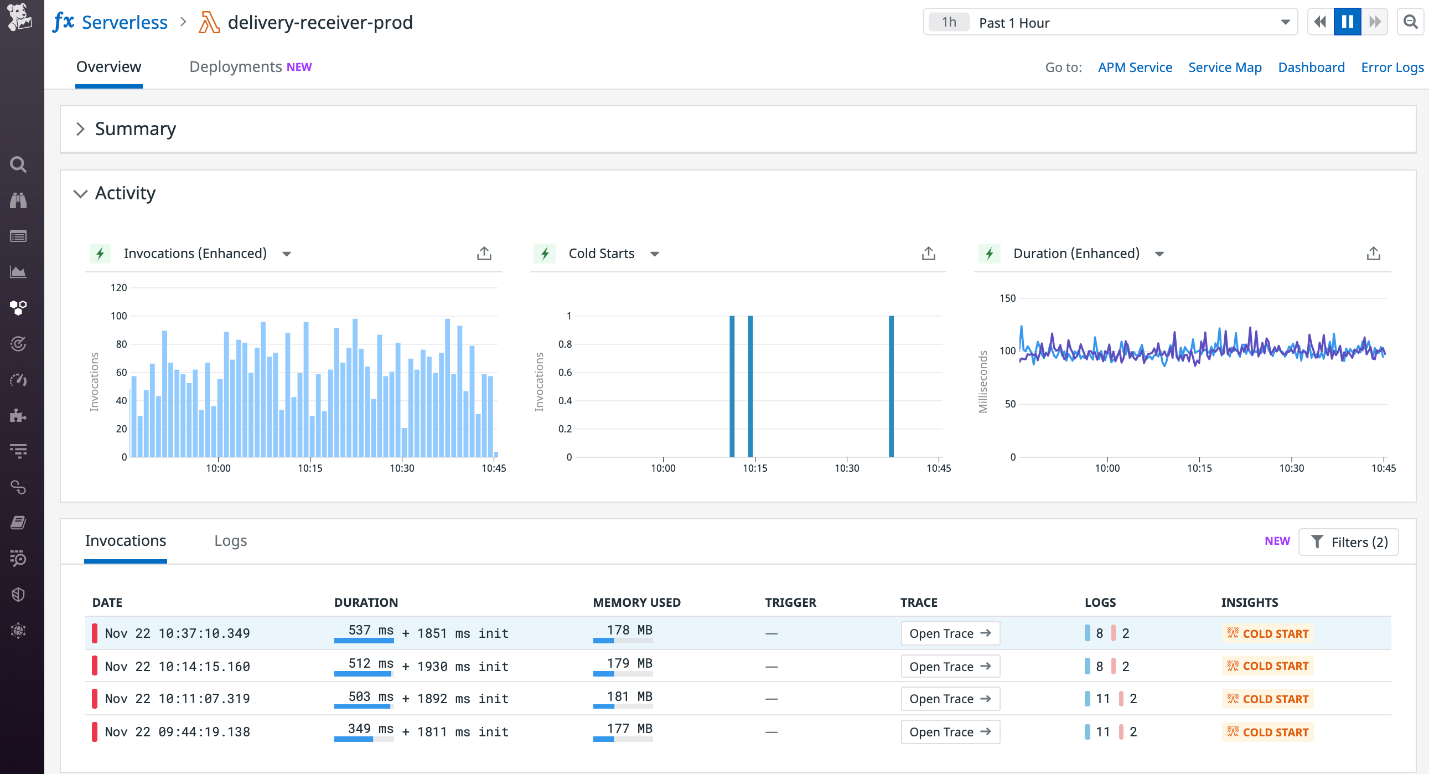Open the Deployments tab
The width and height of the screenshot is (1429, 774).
click(x=235, y=66)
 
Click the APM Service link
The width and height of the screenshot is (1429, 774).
click(x=1135, y=67)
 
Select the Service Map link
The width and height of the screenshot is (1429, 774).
click(x=1224, y=67)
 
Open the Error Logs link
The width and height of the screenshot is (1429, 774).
click(x=1392, y=67)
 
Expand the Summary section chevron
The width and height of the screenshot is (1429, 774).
click(x=80, y=128)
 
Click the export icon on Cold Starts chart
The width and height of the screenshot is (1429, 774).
click(x=928, y=254)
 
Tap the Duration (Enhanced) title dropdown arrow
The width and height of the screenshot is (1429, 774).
click(x=1159, y=254)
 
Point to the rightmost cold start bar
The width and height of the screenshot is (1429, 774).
click(x=891, y=385)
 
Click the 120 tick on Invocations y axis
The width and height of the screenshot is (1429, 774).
click(x=118, y=287)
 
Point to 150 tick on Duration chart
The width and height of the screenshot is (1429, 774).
click(x=1007, y=298)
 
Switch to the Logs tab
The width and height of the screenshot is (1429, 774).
click(x=230, y=540)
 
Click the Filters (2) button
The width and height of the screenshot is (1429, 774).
click(x=1348, y=542)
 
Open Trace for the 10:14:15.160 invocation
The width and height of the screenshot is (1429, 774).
click(x=950, y=666)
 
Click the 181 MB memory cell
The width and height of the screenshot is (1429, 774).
click(x=629, y=696)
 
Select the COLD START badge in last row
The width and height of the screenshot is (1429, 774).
click(x=1267, y=732)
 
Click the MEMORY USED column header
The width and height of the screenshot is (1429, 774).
click(x=636, y=602)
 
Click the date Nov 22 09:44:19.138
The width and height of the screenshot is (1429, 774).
click(x=177, y=732)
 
